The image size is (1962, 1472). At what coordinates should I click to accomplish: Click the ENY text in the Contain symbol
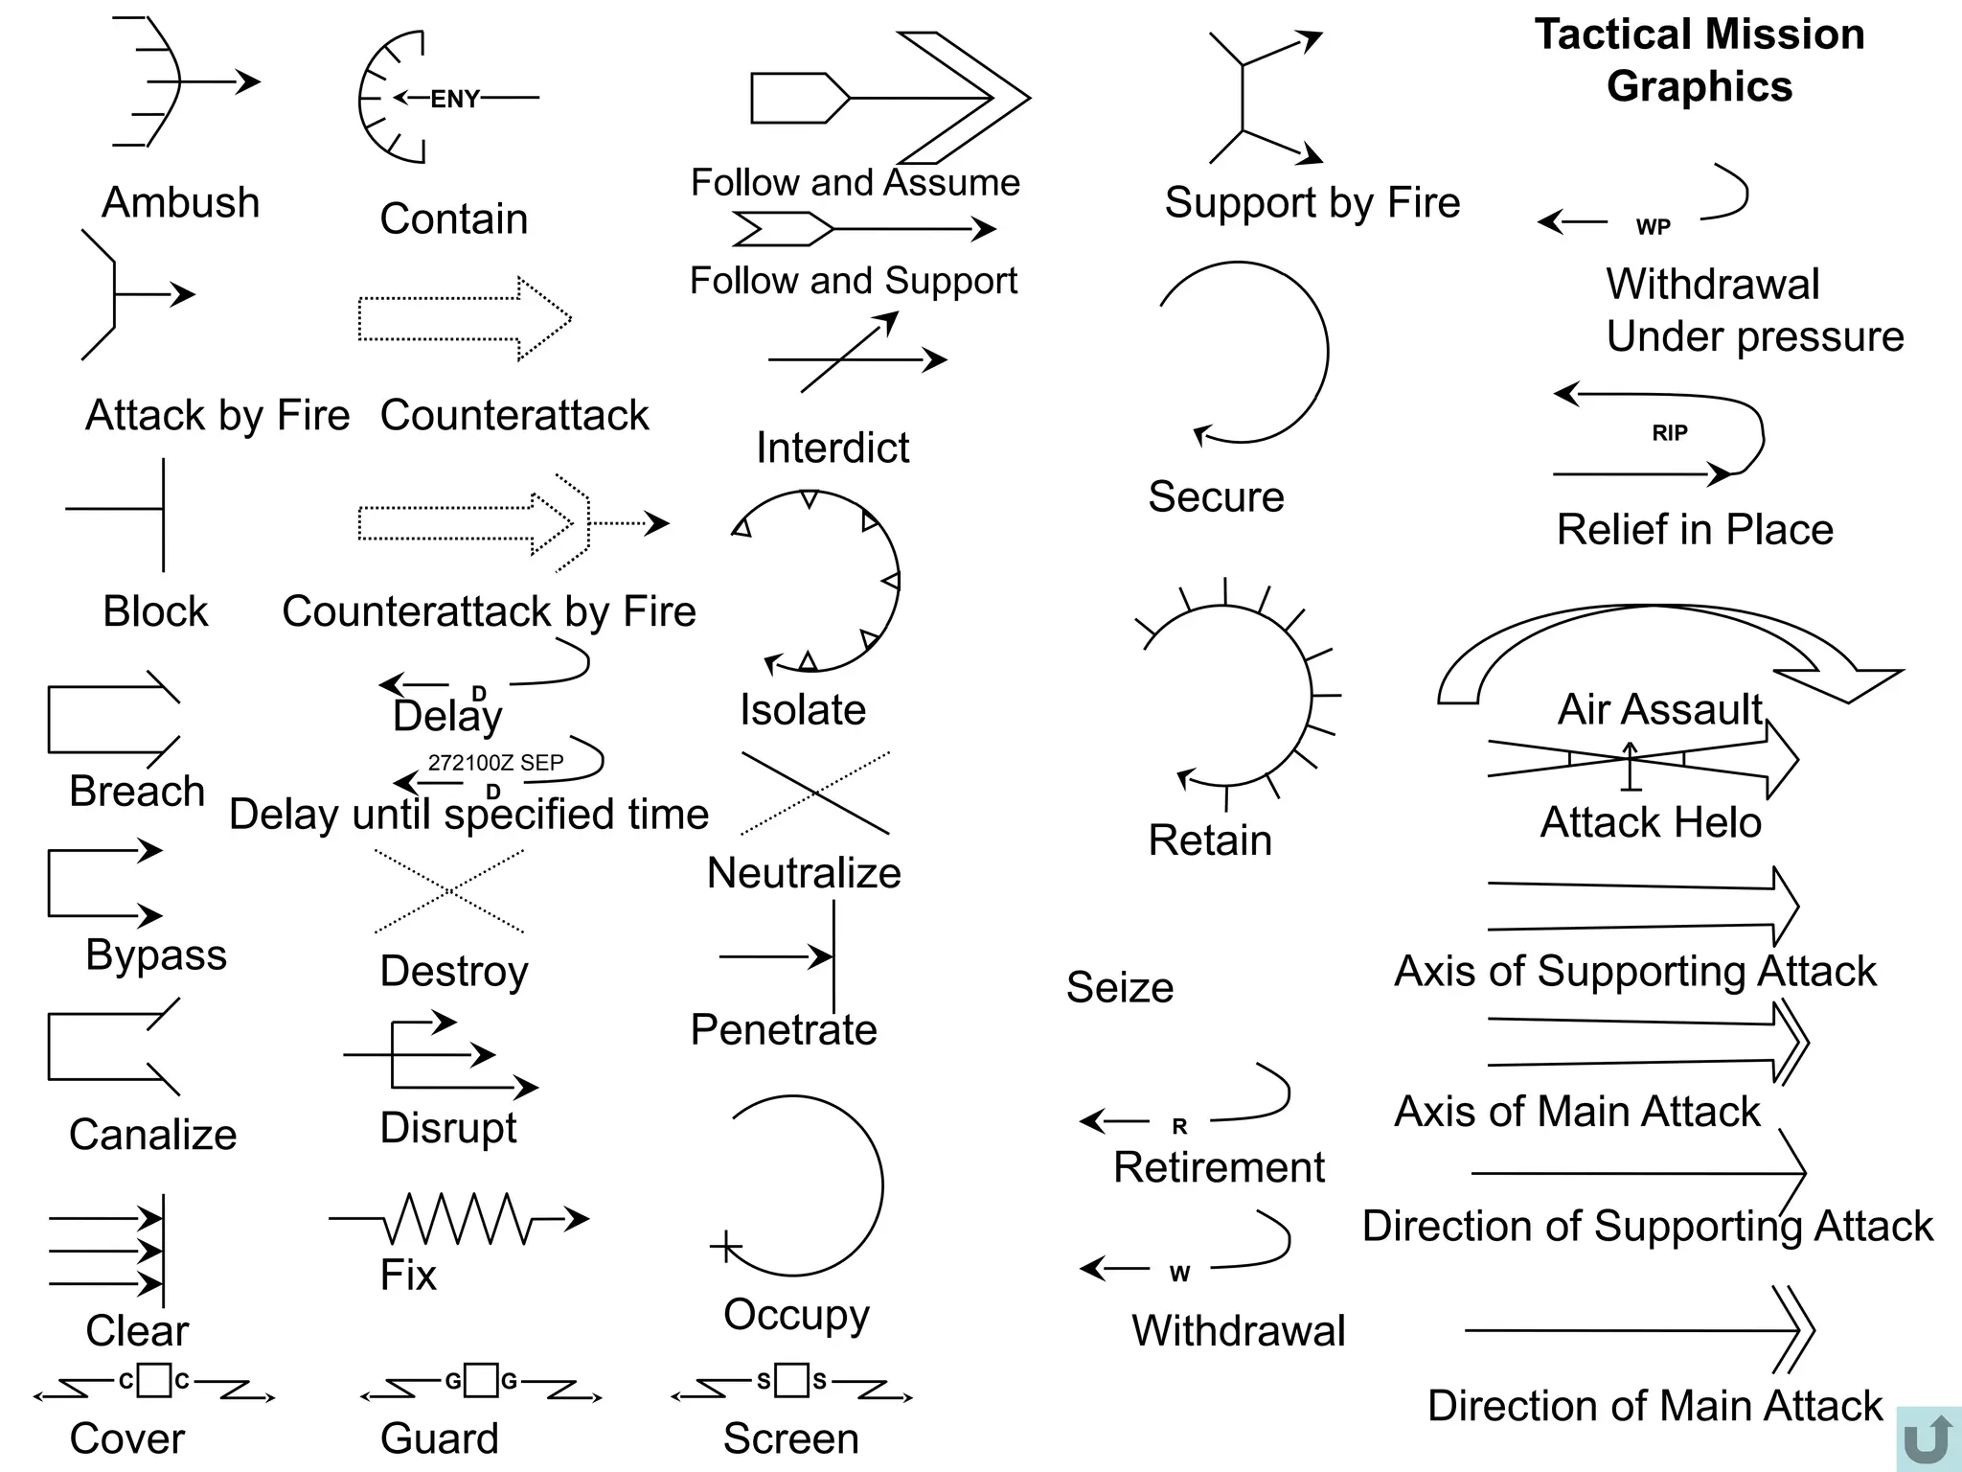coord(454,99)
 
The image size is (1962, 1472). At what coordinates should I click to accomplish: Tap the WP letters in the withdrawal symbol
coord(1653,227)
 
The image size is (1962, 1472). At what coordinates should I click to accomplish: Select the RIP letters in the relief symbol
coord(1669,433)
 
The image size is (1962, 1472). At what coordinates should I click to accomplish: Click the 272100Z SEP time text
coord(495,763)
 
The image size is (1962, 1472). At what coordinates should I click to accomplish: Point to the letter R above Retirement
coord(1179,1127)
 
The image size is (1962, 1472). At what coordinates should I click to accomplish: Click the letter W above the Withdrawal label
coord(1179,1274)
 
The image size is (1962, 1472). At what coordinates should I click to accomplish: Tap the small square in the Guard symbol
coord(481,1381)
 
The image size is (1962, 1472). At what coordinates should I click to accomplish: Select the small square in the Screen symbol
coord(791,1380)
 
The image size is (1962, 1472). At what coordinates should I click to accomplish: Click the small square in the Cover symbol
coord(154,1380)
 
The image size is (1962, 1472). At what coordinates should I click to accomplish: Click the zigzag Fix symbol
coord(458,1219)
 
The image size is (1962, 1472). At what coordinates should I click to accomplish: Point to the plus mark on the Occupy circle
coord(725,1247)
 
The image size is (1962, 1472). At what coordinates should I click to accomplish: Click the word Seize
coord(1119,987)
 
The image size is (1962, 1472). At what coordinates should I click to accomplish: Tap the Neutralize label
coord(804,873)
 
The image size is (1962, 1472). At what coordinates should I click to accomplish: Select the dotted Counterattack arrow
coord(465,319)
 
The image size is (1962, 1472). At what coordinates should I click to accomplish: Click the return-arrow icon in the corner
coord(1928,1438)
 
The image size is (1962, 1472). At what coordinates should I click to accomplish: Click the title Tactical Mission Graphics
coord(1700,59)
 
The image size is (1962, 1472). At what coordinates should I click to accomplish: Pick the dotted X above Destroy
coord(449,891)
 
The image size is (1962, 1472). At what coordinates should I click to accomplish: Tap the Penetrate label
coord(784,1029)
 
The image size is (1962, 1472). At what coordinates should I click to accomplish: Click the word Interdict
coord(832,448)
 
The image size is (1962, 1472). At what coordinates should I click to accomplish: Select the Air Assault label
coord(1659,709)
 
